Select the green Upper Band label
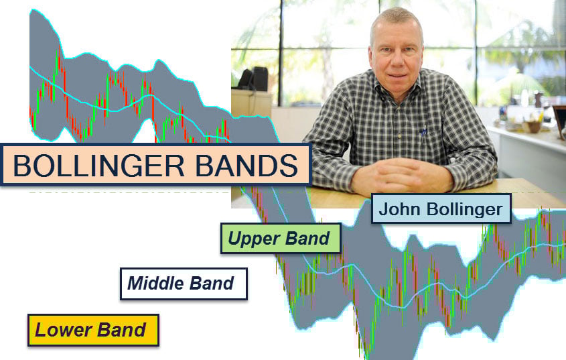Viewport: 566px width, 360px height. point(279,238)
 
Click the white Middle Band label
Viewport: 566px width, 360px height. point(182,283)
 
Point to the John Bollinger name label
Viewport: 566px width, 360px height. point(441,208)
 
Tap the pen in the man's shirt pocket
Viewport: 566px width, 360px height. point(423,131)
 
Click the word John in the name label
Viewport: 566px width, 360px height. point(397,208)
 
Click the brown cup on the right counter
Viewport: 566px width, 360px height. point(533,125)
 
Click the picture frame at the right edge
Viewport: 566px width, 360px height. point(559,121)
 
